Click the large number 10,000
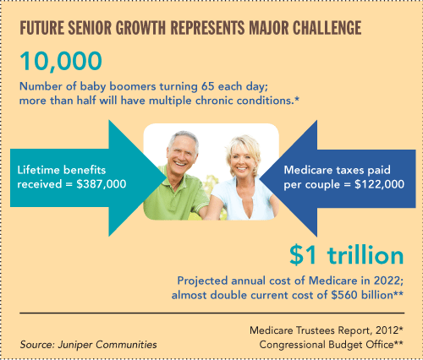pyautogui.click(x=61, y=62)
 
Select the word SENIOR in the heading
pyautogui.click(x=90, y=28)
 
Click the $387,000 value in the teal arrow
pyautogui.click(x=102, y=184)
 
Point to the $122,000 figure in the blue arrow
pyautogui.click(x=379, y=184)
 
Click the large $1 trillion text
pyautogui.click(x=347, y=255)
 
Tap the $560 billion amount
pyautogui.click(x=362, y=295)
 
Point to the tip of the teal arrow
pyautogui.click(x=167, y=178)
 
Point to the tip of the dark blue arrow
pyautogui.click(x=260, y=178)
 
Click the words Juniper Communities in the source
pyautogui.click(x=107, y=345)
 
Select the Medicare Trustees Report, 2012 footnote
pyautogui.click(x=327, y=330)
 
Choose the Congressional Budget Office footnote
pyautogui.click(x=331, y=345)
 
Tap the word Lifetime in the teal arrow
pyautogui.click(x=38, y=170)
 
